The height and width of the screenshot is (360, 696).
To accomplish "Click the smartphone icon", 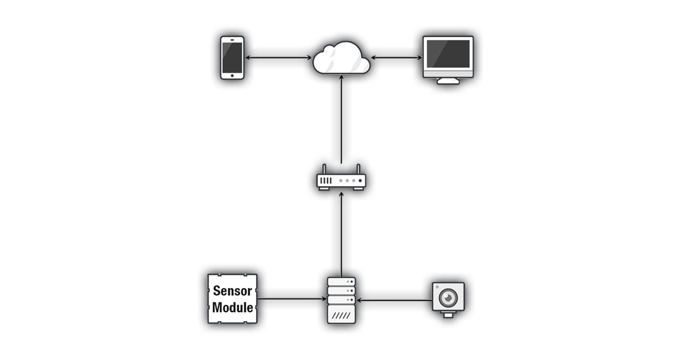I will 232,57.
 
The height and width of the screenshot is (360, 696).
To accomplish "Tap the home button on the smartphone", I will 232,75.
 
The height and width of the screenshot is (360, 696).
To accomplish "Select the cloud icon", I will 341,58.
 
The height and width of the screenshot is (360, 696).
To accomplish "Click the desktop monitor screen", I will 448,53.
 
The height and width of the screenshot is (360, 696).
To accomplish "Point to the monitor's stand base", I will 448,81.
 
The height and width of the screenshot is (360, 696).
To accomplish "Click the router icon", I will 341,180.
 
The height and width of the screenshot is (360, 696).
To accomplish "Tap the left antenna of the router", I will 324,169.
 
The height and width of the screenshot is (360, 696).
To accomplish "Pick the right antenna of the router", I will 358,169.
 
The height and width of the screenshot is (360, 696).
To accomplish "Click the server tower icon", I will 341,300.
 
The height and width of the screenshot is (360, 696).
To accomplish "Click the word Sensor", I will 232,291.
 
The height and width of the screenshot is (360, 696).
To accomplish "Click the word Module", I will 232,307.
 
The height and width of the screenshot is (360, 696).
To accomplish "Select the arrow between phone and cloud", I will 278,58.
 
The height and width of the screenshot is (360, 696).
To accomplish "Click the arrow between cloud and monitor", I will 397,58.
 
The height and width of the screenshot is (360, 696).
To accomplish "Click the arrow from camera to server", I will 394,300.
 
